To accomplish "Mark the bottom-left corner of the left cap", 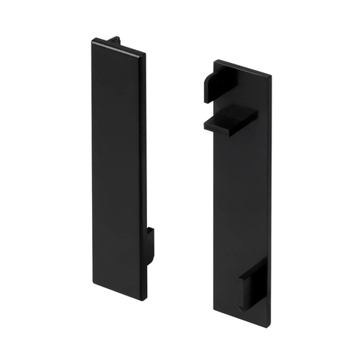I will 91,286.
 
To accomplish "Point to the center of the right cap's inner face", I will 243,198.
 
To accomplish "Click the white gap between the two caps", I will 179,183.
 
